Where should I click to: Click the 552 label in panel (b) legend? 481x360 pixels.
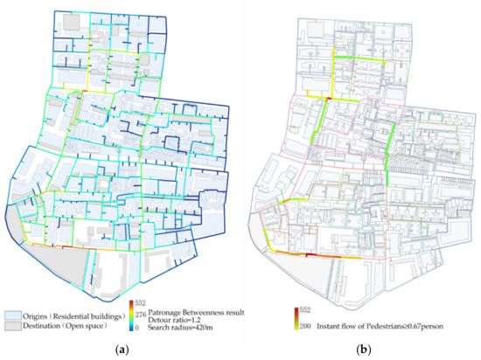point(300,309)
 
